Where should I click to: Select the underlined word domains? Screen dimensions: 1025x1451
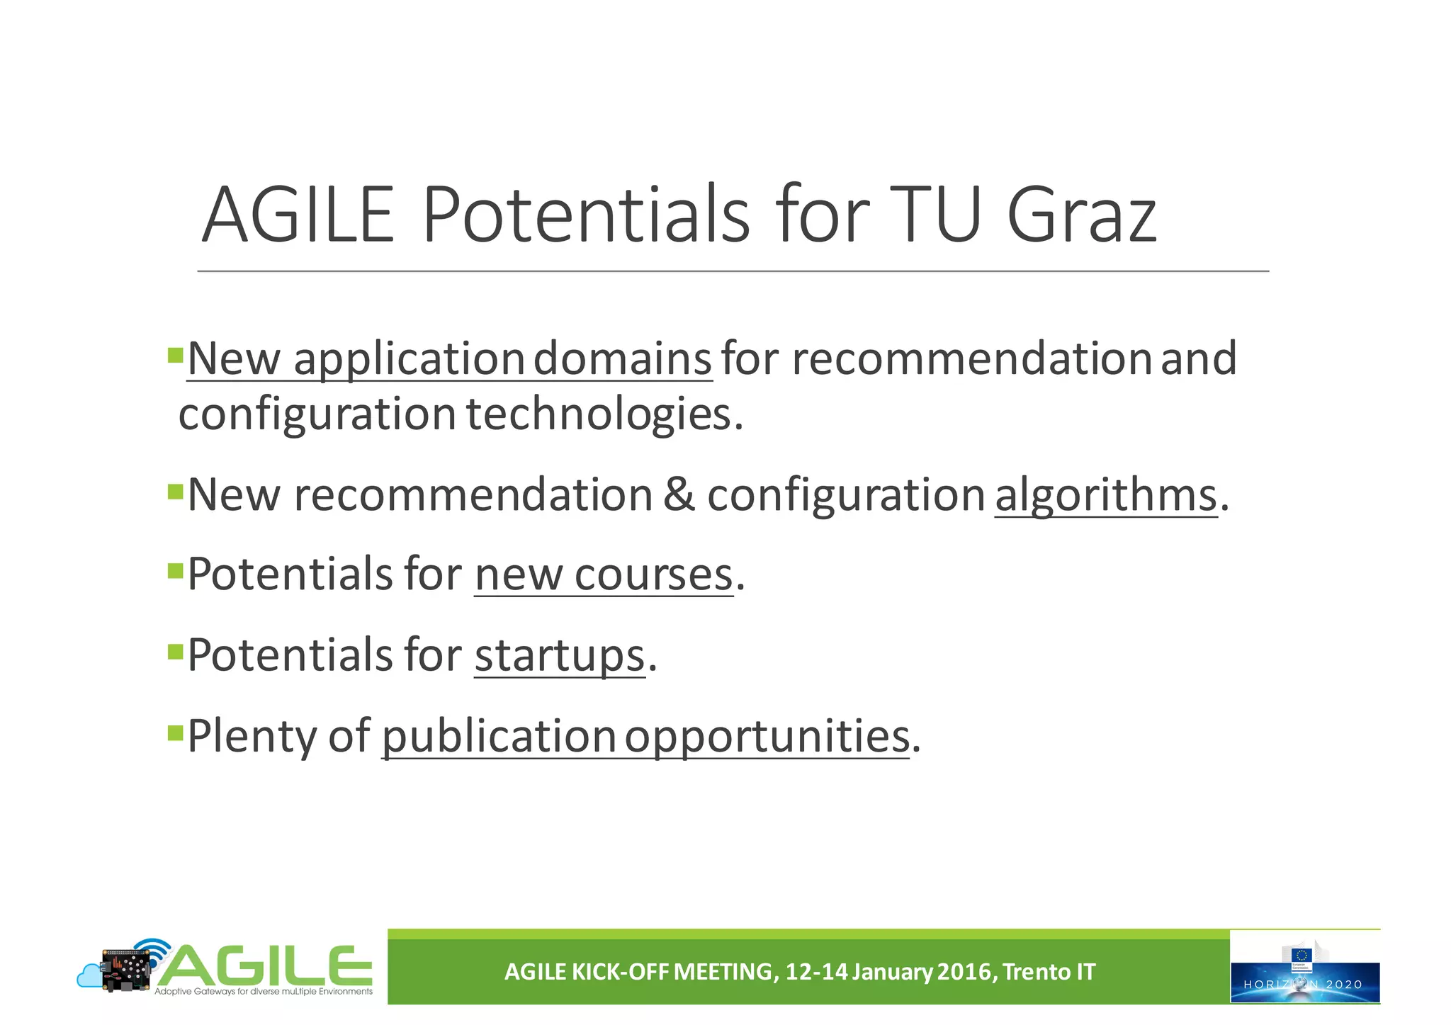pos(622,358)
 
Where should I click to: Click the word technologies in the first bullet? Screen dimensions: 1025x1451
pos(599,414)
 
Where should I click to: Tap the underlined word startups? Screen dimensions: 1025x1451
pos(560,655)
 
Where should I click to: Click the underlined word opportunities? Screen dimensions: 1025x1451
pos(767,736)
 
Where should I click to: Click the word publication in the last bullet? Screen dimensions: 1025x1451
pos(498,736)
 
